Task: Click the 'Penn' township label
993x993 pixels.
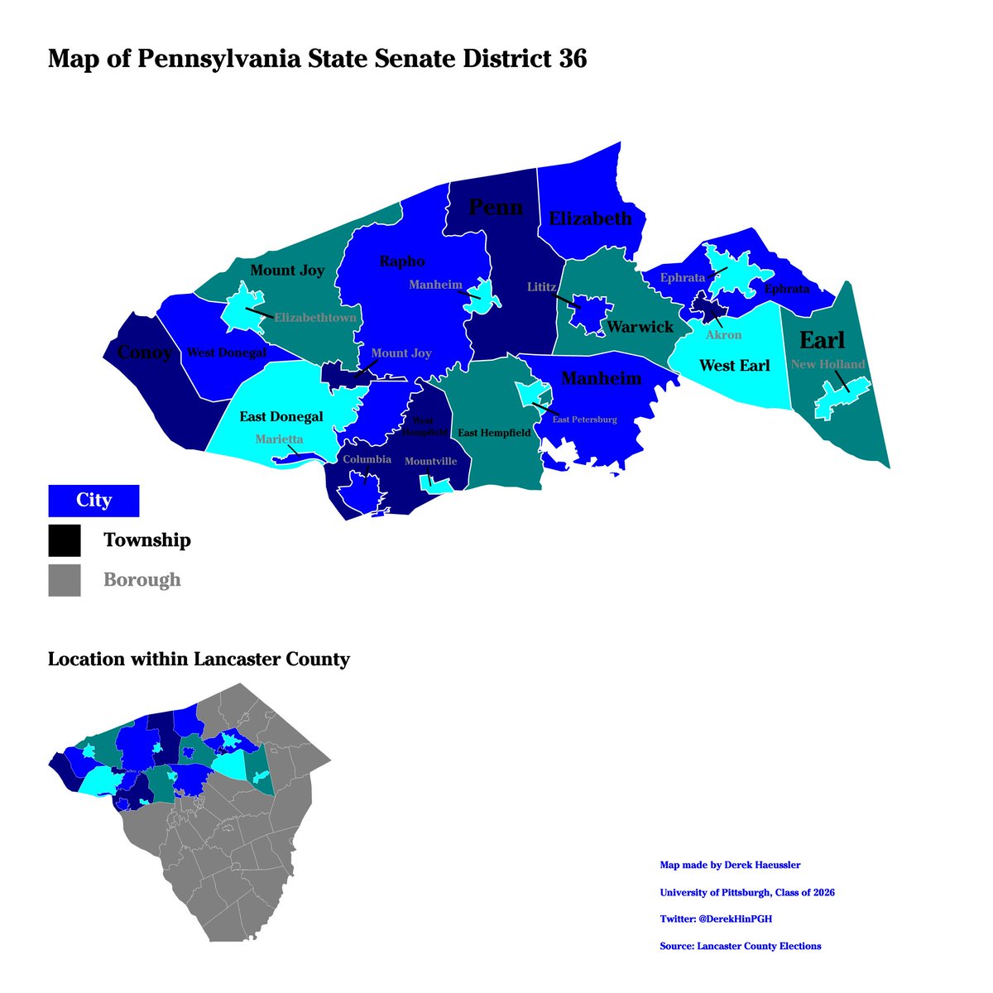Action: point(496,207)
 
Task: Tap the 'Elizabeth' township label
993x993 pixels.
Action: point(590,219)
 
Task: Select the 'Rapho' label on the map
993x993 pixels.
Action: point(401,261)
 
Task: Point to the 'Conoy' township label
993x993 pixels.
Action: point(145,353)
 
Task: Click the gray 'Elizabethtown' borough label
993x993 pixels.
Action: point(316,317)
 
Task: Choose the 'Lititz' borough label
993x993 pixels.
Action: point(543,286)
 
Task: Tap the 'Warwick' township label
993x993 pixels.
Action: point(640,327)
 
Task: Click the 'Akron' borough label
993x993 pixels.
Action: point(723,335)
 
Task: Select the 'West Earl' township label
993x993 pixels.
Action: point(734,366)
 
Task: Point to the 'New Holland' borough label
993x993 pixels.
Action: point(827,364)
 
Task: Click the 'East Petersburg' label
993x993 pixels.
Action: point(584,420)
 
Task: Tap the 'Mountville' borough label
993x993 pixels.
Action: point(430,462)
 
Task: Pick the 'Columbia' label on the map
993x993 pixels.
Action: point(367,459)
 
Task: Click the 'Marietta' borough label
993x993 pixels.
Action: point(279,439)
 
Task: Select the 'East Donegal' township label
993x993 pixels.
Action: point(281,416)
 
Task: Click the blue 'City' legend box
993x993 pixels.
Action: point(94,501)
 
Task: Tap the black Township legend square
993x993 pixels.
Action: point(65,540)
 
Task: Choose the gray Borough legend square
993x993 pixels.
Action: point(65,580)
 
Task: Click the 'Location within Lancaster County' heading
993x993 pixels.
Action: point(199,660)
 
